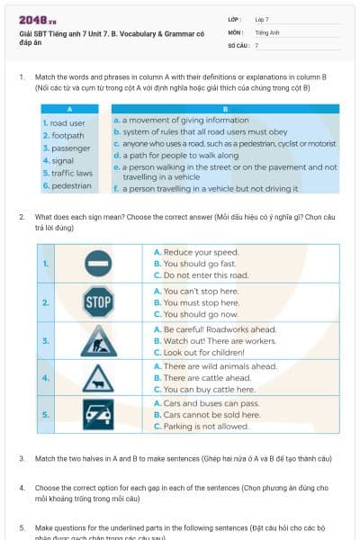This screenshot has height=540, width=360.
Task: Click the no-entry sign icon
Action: coord(97,264)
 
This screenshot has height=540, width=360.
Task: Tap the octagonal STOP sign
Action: coord(97,302)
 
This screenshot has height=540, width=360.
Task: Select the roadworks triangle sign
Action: coord(97,341)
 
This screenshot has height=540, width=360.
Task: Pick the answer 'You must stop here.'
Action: coord(200,302)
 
